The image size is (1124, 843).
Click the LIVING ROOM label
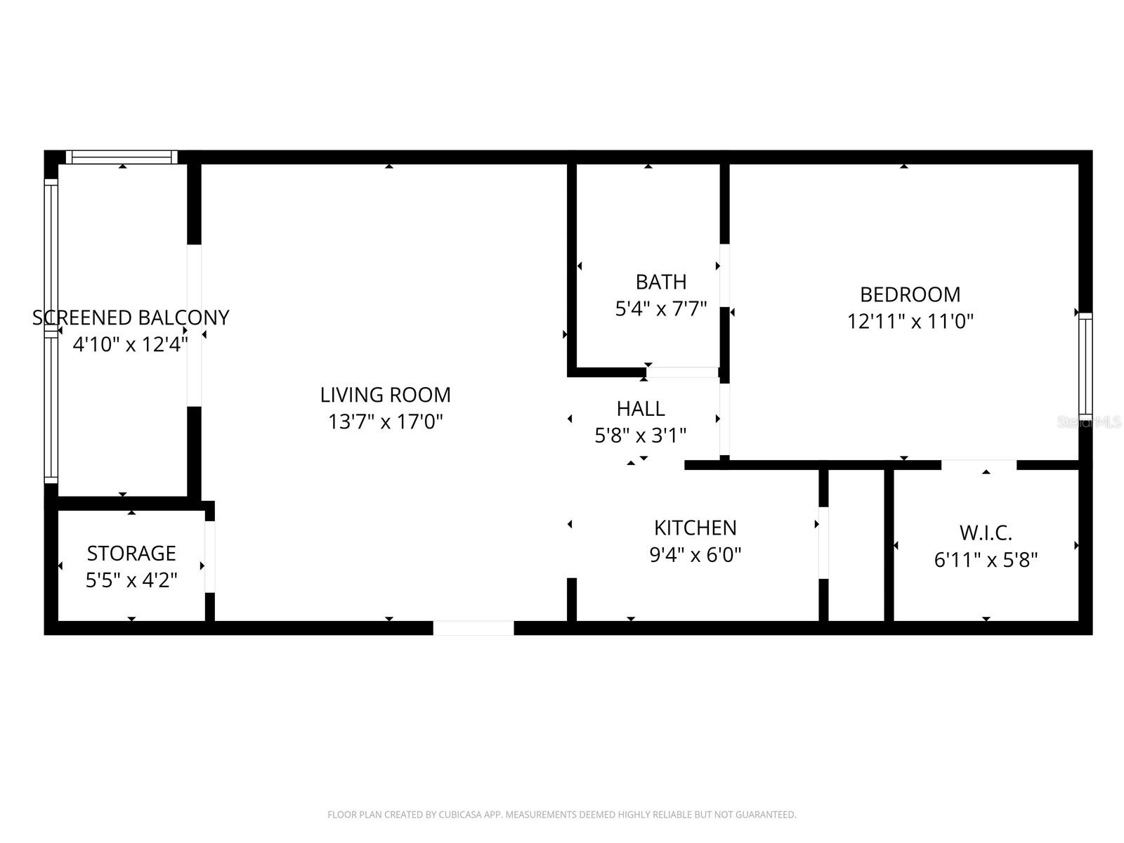[385, 395]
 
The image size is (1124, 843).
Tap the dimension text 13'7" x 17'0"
[385, 422]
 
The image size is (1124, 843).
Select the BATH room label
[660, 282]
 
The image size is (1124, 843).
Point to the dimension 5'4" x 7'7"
[660, 309]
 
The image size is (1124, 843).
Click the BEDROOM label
[910, 294]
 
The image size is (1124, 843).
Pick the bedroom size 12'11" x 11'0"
[910, 322]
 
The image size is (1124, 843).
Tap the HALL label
[640, 408]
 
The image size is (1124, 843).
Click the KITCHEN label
[695, 528]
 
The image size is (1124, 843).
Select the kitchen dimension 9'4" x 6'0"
[695, 555]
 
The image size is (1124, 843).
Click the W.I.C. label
[986, 532]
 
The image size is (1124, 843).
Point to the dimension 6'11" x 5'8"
[986, 560]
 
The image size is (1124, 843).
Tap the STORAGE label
[131, 554]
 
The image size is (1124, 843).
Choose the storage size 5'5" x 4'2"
[131, 580]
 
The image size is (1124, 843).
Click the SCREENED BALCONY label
[131, 318]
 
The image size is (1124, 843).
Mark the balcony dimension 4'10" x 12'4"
[131, 345]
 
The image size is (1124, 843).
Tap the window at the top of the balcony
[122, 157]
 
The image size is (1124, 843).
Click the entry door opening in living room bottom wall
[473, 628]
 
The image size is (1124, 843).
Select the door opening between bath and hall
[682, 372]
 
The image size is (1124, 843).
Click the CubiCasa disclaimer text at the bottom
[561, 815]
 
